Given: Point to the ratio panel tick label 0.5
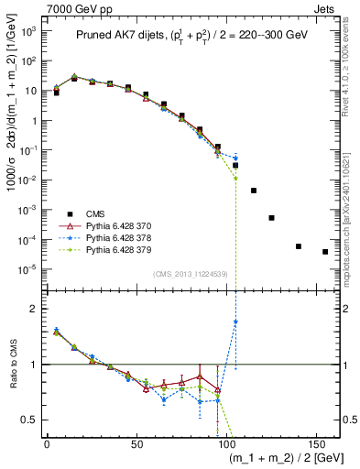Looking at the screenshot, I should pyautogui.click(x=29, y=420).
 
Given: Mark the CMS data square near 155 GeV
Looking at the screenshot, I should pyautogui.click(x=325, y=252).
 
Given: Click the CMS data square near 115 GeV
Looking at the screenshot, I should pyautogui.click(x=254, y=191).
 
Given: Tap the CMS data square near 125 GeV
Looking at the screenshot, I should pyautogui.click(x=271, y=218).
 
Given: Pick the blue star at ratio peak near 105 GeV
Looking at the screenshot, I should pyautogui.click(x=235, y=322).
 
